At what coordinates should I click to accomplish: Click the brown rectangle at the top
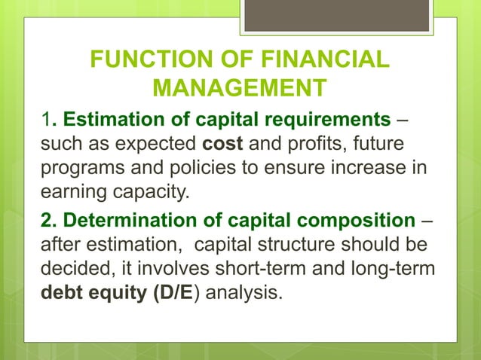pos(337,16)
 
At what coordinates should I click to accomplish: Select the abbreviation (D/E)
pos(175,291)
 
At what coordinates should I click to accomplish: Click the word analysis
pos(244,292)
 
